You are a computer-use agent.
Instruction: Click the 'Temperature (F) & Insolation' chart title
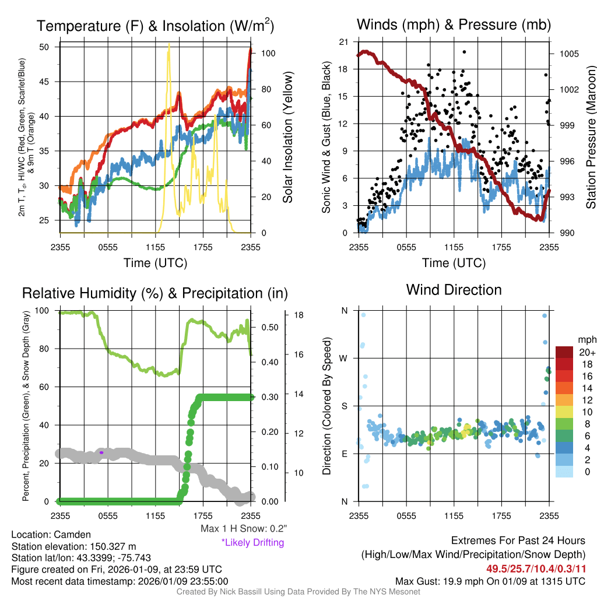156,26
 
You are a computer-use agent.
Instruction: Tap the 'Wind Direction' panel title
454,290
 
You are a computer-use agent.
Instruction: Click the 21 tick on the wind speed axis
343,42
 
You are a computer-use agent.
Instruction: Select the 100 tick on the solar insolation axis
268,53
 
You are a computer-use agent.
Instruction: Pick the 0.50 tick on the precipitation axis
269,327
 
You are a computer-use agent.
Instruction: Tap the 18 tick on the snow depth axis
298,315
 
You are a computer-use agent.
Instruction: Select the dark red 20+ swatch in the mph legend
565,352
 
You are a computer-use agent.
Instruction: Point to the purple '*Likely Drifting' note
252,543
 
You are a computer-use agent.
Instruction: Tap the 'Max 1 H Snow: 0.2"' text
243,529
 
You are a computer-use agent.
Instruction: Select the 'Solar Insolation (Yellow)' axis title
287,138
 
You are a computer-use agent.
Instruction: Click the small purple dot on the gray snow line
101,452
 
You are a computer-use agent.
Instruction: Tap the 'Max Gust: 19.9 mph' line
490,581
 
